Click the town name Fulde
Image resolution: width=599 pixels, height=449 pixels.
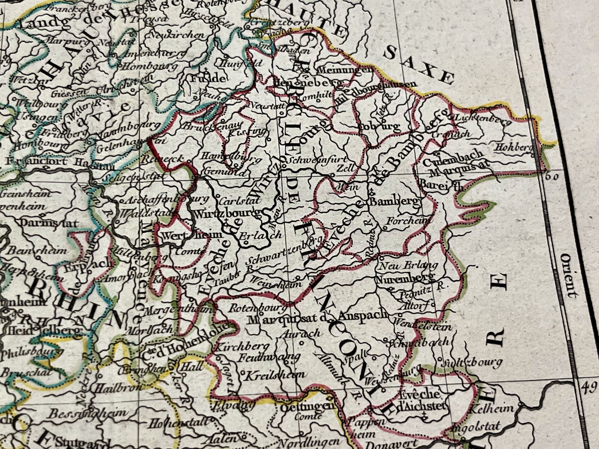tap(208, 78)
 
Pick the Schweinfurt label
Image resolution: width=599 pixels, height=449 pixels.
tap(317, 160)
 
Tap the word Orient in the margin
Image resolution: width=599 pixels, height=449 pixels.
tap(568, 276)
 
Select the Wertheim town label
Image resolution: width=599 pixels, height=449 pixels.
tap(191, 236)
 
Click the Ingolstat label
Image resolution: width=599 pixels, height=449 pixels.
tap(476, 427)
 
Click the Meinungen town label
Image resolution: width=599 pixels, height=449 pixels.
tap(344, 70)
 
